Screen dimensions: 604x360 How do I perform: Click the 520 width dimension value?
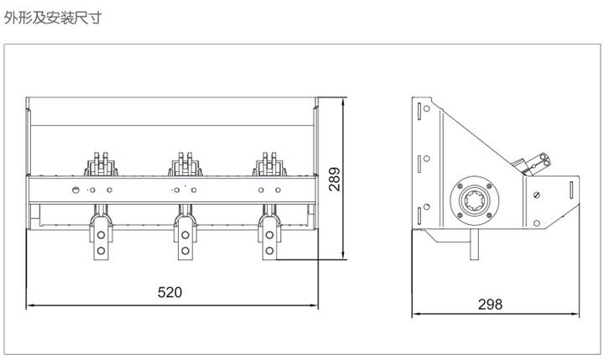pyautogui.click(x=169, y=292)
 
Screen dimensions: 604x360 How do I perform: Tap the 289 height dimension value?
pyautogui.click(x=335, y=180)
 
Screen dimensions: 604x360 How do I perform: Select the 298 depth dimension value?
pyautogui.click(x=490, y=305)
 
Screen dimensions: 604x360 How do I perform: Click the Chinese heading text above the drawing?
pyautogui.click(x=53, y=18)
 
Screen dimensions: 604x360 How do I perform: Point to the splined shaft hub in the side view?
pyautogui.click(x=475, y=201)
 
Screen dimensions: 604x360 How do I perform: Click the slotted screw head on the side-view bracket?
pyautogui.click(x=537, y=195)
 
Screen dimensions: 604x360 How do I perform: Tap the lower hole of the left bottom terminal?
pyautogui.click(x=101, y=251)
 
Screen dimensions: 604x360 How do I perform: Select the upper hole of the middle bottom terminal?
pyautogui.click(x=185, y=235)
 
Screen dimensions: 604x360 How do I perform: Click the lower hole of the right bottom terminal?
pyautogui.click(x=269, y=251)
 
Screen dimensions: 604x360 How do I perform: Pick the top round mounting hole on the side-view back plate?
pyautogui.click(x=426, y=109)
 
